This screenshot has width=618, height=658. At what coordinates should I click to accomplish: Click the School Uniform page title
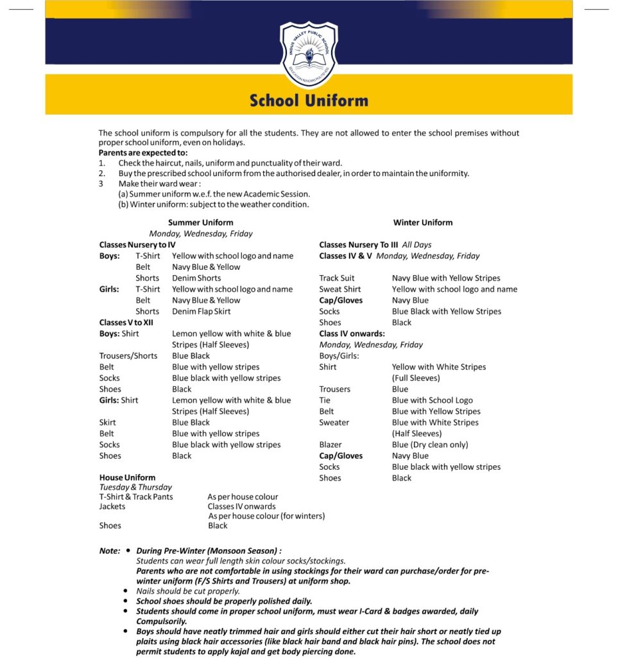[x=309, y=101]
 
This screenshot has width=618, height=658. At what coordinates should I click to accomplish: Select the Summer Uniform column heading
[x=200, y=222]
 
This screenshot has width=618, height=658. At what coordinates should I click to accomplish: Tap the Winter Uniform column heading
[x=423, y=222]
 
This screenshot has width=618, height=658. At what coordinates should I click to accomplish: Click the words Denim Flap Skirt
[x=201, y=311]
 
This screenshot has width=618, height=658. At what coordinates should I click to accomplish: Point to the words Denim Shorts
[x=196, y=278]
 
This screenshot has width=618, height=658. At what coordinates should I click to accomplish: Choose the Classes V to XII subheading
[x=126, y=323]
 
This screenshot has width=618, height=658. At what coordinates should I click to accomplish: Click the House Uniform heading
[x=127, y=477]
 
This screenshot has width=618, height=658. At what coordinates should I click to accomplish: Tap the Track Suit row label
[x=337, y=278]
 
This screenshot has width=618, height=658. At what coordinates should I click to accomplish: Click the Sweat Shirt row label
[x=340, y=289]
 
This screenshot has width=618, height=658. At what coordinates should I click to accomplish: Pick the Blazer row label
[x=330, y=445]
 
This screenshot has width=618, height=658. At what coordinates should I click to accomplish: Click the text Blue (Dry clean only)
[x=430, y=445]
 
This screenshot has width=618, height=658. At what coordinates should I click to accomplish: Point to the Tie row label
[x=325, y=400]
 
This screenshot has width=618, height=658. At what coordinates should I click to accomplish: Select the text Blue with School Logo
[x=432, y=400]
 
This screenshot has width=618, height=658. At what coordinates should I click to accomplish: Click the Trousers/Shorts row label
[x=128, y=356]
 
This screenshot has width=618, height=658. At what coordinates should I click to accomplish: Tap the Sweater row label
[x=334, y=422]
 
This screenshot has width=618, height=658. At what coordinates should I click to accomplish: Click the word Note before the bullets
[x=109, y=551]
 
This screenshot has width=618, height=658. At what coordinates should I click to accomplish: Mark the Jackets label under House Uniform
[x=112, y=506]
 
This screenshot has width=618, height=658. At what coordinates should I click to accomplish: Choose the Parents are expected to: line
[x=143, y=153]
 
